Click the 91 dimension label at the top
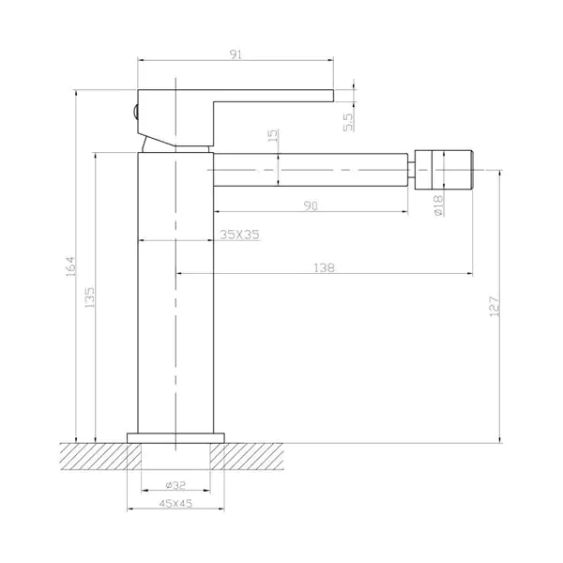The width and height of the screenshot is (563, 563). (x=236, y=54)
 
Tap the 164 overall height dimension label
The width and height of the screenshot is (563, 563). (x=70, y=266)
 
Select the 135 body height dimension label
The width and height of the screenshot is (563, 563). (x=89, y=297)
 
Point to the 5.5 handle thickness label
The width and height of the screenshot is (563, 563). (x=348, y=122)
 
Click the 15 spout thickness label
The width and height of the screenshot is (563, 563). (x=273, y=135)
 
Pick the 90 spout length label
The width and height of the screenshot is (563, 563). (x=311, y=205)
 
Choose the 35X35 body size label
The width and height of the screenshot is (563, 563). (x=239, y=235)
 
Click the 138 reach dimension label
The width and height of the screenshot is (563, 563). (x=325, y=267)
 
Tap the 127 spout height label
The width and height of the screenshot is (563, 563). (x=495, y=306)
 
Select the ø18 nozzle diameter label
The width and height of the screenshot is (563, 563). (x=438, y=205)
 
